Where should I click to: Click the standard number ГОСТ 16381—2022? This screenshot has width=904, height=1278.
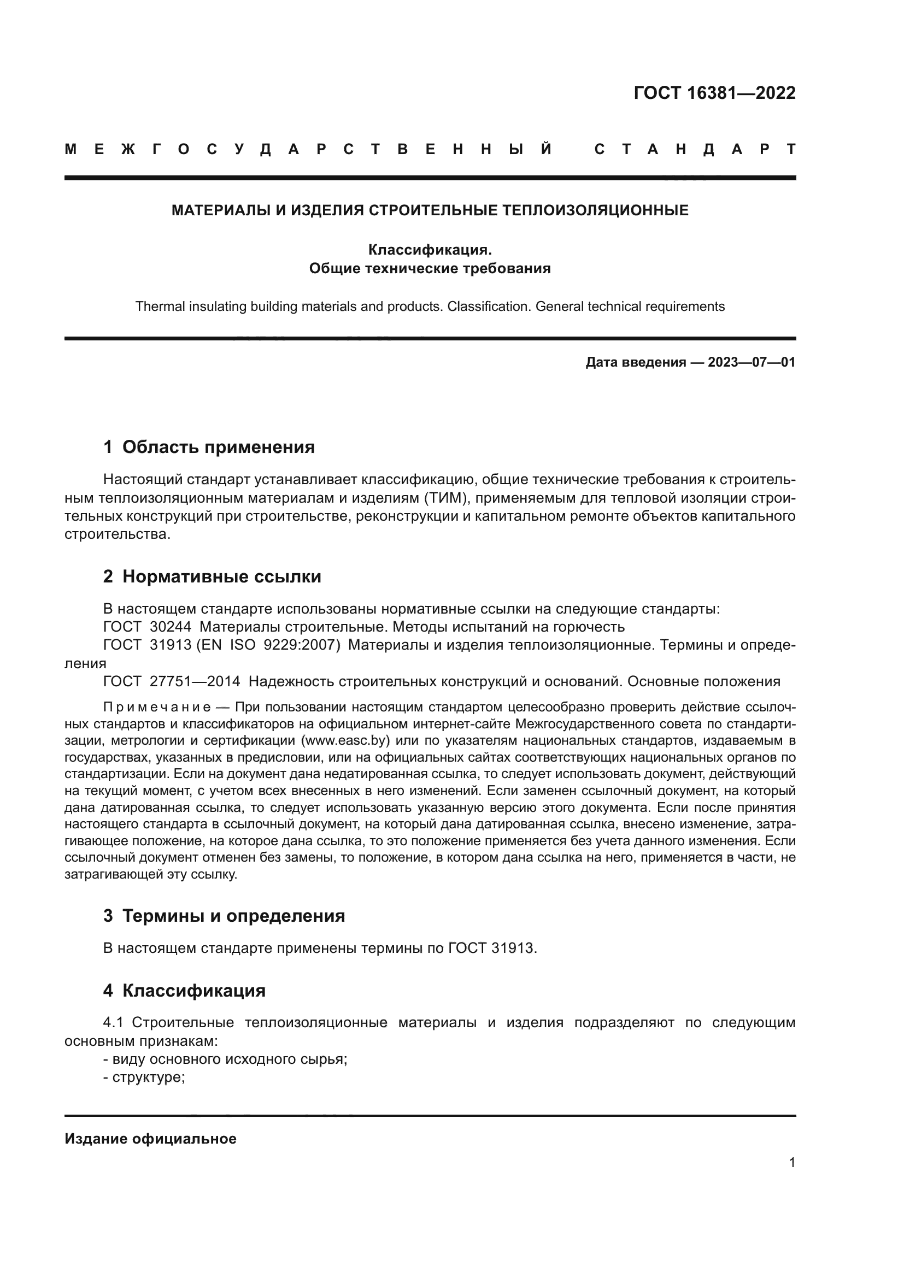pos(714,93)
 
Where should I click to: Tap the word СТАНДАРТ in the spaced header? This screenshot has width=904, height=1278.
pos(695,149)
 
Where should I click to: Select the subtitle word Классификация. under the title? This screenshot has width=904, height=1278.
pos(430,250)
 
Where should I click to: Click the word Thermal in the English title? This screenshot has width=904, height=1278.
pos(158,307)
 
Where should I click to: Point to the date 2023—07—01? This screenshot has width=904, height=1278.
pos(751,362)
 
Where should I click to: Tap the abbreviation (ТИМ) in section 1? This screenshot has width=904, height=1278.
pos(440,498)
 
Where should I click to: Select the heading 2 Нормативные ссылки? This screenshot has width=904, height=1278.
pos(212,576)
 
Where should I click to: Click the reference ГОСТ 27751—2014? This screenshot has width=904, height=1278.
pos(172,681)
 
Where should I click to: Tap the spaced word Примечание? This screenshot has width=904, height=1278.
pos(157,708)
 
